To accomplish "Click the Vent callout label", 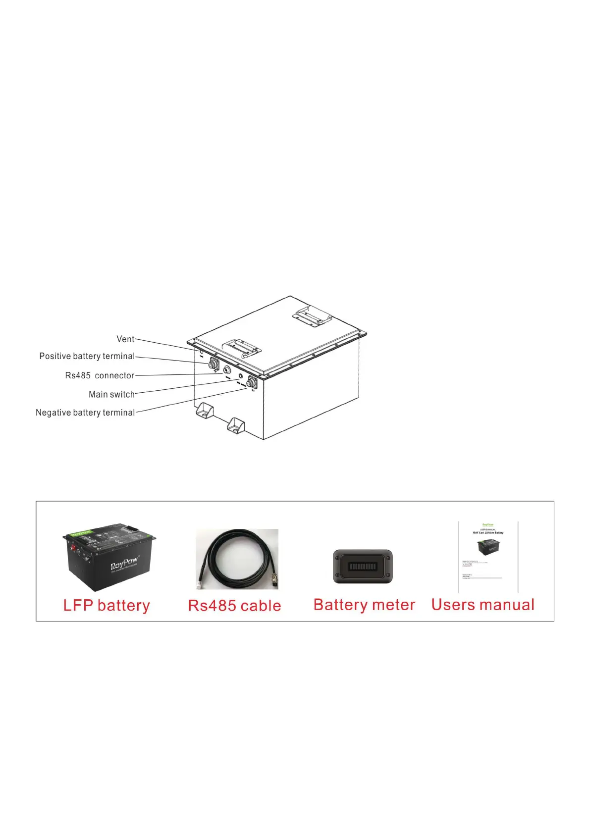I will pyautogui.click(x=125, y=339).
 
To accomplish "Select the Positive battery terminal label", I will pyautogui.click(x=87, y=356).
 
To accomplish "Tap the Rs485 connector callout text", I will pyautogui.click(x=100, y=375).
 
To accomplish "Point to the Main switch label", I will pyautogui.click(x=111, y=394).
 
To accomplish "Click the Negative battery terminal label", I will pyautogui.click(x=85, y=413).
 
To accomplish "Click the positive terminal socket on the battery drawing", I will pyautogui.click(x=214, y=365).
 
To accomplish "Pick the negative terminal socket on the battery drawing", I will pyautogui.click(x=251, y=383).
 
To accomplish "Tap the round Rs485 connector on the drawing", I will pyautogui.click(x=227, y=370).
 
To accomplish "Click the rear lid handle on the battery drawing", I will pyautogui.click(x=311, y=315).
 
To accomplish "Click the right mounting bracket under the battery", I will pyautogui.click(x=235, y=425).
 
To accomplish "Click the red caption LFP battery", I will pyautogui.click(x=107, y=605).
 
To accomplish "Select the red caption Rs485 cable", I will pyautogui.click(x=234, y=605).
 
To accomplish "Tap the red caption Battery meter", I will pyautogui.click(x=364, y=605).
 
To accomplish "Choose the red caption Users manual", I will pyautogui.click(x=483, y=605).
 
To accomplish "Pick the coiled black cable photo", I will pyautogui.click(x=237, y=559).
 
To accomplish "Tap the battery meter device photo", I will pyautogui.click(x=363, y=567).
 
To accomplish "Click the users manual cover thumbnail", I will pyautogui.click(x=488, y=557).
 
